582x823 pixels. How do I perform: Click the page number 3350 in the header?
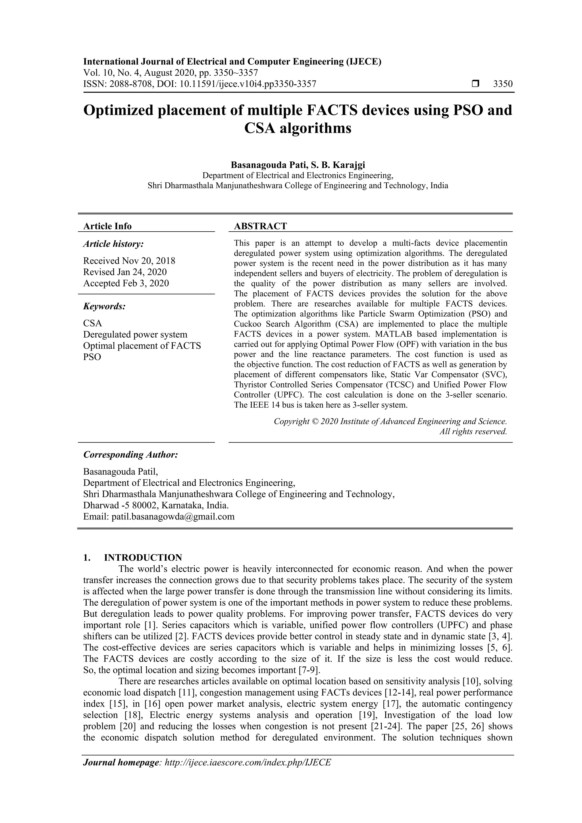[x=503, y=84]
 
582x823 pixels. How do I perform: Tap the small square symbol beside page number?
[x=475, y=84]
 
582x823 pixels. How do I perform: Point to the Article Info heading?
[x=107, y=226]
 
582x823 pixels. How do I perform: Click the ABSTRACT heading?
[x=260, y=226]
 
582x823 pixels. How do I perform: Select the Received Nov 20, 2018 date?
[x=129, y=261]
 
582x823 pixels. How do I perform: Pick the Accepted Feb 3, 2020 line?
[x=126, y=283]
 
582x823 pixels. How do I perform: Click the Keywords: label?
[x=104, y=306]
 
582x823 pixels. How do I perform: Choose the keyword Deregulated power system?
[x=135, y=334]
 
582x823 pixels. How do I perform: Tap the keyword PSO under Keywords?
[x=92, y=357]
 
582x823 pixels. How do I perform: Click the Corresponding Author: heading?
[x=130, y=454]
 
